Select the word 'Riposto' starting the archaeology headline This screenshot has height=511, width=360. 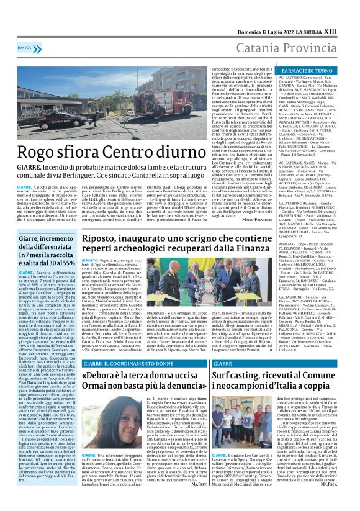pyautogui.click(x=104, y=237)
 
